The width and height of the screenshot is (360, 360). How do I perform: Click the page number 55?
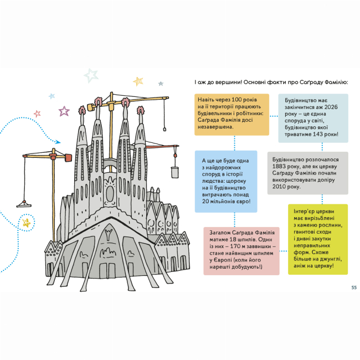[353, 287]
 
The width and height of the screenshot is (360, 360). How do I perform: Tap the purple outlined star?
[64, 111]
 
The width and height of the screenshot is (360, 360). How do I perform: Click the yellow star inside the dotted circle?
[25, 223]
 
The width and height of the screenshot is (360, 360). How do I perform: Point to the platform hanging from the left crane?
[23, 204]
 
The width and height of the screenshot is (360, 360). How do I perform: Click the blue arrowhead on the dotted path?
[58, 141]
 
